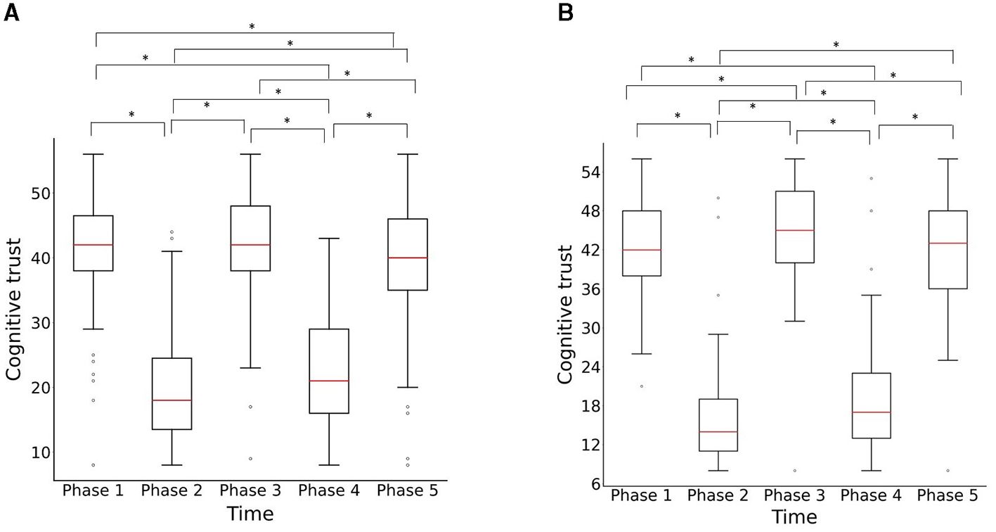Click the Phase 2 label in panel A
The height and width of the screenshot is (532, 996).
point(172,490)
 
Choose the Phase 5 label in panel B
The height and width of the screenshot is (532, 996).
point(948,495)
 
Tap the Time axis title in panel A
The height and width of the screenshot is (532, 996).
point(250,514)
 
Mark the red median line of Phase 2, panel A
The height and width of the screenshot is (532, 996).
point(172,400)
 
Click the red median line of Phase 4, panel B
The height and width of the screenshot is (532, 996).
point(871,412)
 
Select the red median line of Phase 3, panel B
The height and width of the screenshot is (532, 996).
point(794,230)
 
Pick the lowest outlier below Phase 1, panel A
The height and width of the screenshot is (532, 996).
point(93,465)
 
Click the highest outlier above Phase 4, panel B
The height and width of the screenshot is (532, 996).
point(871,178)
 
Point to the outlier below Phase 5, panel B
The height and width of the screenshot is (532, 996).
point(948,470)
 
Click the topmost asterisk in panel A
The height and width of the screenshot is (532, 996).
point(252,27)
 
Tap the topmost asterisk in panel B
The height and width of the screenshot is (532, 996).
point(836,45)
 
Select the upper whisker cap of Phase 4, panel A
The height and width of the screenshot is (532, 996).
point(329,239)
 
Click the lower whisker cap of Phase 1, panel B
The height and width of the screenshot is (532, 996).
point(642,354)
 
